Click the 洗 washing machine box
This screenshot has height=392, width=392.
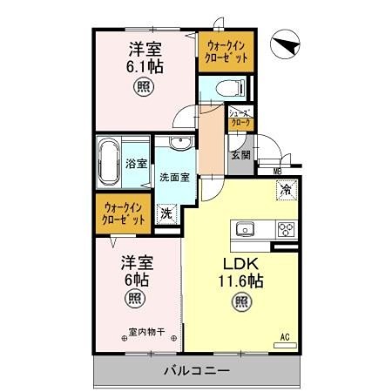(x=165, y=213)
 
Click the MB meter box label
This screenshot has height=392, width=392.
(x=276, y=171)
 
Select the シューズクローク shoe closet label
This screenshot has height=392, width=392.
(x=240, y=118)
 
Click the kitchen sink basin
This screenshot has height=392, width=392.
(x=243, y=230)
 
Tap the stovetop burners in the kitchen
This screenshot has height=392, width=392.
(x=285, y=230)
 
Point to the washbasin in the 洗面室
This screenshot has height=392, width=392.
(x=180, y=145)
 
